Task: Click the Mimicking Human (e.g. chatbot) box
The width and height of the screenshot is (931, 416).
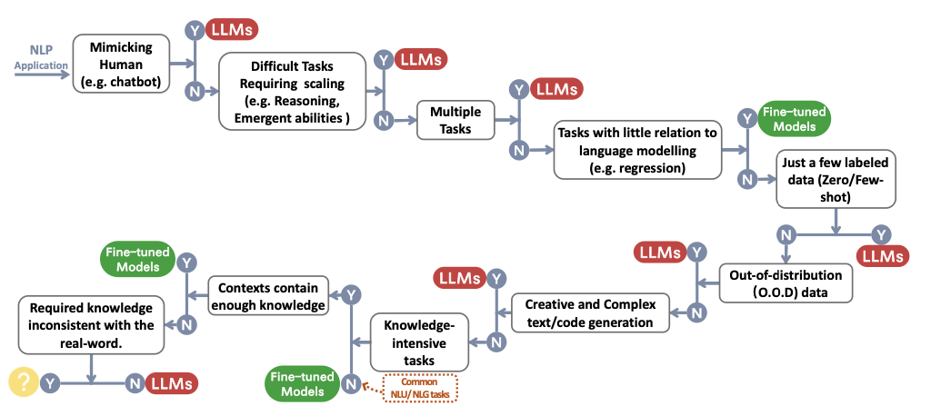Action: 122,64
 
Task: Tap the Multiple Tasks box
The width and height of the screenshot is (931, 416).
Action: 455,119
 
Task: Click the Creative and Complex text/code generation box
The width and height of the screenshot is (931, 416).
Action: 590,312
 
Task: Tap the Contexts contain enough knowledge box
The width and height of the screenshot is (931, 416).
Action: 268,296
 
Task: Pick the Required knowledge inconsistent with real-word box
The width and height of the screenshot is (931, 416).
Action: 92,323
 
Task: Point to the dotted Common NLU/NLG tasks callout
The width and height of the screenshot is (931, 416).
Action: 421,389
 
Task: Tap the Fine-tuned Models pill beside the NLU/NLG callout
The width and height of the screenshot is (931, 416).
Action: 302,383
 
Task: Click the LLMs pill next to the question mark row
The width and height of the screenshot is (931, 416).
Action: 172,383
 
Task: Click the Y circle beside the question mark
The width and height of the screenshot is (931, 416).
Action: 51,382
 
